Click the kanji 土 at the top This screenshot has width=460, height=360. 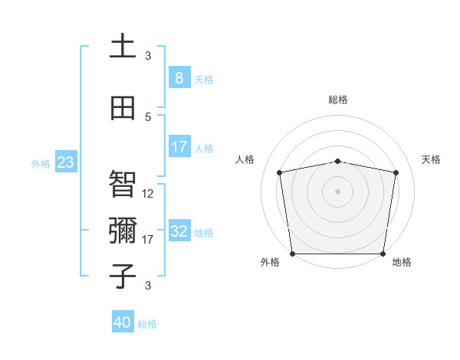pos(123,46)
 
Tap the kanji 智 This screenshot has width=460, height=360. pos(123,184)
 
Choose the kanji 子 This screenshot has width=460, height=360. pos(123,276)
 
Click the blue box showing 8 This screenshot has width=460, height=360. pos(179,77)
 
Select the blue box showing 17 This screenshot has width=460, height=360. pos(179,147)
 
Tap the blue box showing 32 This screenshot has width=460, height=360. pos(179,231)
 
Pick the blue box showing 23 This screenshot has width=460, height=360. pos(65,162)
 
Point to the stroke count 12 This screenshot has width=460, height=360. pos(148,194)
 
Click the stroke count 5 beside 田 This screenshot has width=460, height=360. pos(148,116)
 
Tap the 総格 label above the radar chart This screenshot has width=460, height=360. pos(338,100)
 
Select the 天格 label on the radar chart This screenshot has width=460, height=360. pos(431,159)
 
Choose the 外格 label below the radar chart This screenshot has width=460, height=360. pos(270,262)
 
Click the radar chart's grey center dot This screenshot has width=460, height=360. pos(338,191)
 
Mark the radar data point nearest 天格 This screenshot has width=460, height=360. pos(396,172)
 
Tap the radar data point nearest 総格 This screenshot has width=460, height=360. pos(338,161)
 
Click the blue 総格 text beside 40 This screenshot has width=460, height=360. pos(147,324)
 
